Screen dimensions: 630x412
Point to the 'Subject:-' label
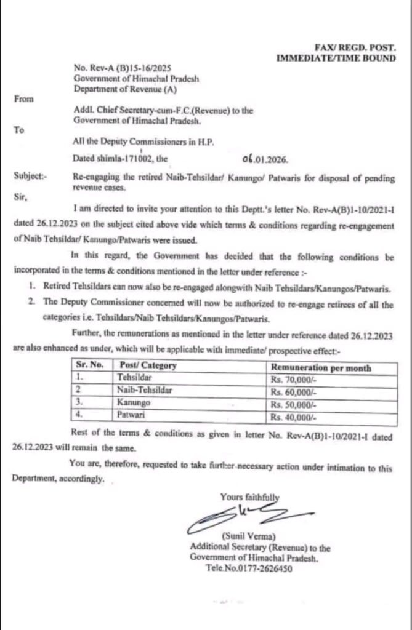click(29, 176)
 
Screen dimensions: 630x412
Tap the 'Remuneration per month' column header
click(320, 367)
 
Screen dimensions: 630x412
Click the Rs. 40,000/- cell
click(293, 417)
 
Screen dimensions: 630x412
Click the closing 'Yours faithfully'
click(249, 496)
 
